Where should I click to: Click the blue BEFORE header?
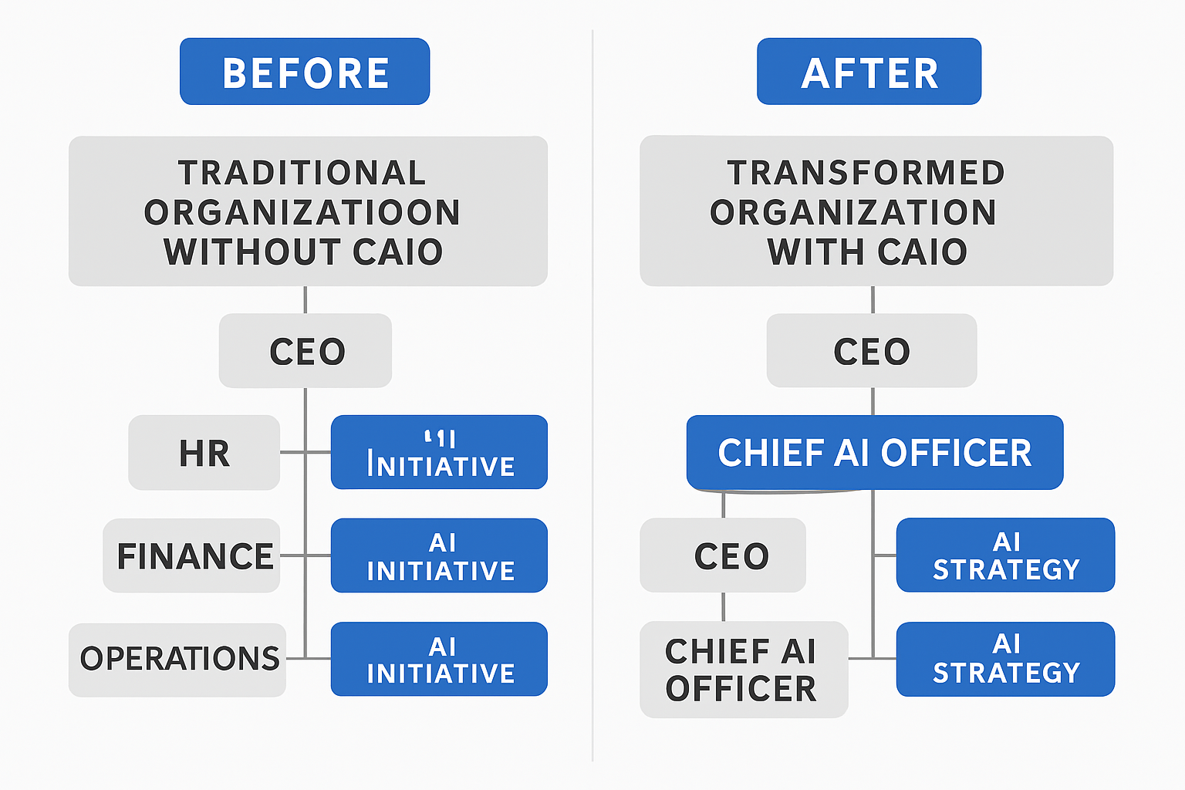coord(305,72)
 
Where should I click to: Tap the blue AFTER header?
coord(869,72)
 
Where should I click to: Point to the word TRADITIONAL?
coord(302,173)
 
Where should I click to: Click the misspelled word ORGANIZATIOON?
coord(302,213)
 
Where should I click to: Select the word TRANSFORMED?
coord(866,173)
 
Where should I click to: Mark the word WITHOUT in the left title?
coord(252,252)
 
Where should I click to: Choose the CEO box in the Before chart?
coord(306,351)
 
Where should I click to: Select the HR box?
coord(204,453)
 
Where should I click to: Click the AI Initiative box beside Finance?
coord(439,555)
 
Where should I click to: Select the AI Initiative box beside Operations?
coord(439,660)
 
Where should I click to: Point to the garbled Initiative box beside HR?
coord(439,453)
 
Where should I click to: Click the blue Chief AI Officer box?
coord(875,453)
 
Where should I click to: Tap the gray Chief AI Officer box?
coord(743,670)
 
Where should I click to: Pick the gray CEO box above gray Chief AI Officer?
coord(723,555)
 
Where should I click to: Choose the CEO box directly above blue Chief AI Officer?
coord(872,351)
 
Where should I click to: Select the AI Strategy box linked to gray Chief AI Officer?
coord(1005,660)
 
